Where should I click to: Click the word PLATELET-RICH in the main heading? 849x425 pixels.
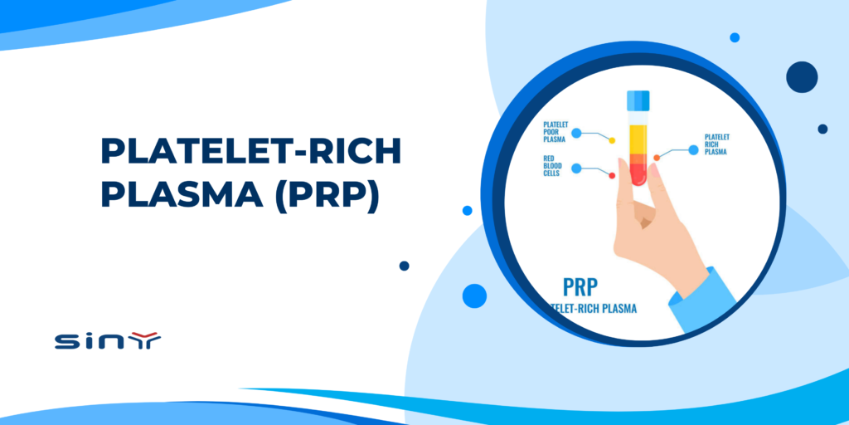coord(250,153)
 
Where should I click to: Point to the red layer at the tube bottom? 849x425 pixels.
coord(638,171)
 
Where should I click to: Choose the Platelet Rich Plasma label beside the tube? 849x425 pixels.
coord(719,146)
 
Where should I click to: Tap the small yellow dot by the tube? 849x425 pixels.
coord(612,140)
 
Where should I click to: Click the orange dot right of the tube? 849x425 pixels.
coord(657,157)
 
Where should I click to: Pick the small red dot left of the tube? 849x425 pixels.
coord(612,175)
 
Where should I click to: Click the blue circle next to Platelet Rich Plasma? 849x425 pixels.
coord(694,150)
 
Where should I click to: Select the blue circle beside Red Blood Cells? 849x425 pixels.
coord(576,168)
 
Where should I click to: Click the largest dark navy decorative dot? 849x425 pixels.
coord(802,76)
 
